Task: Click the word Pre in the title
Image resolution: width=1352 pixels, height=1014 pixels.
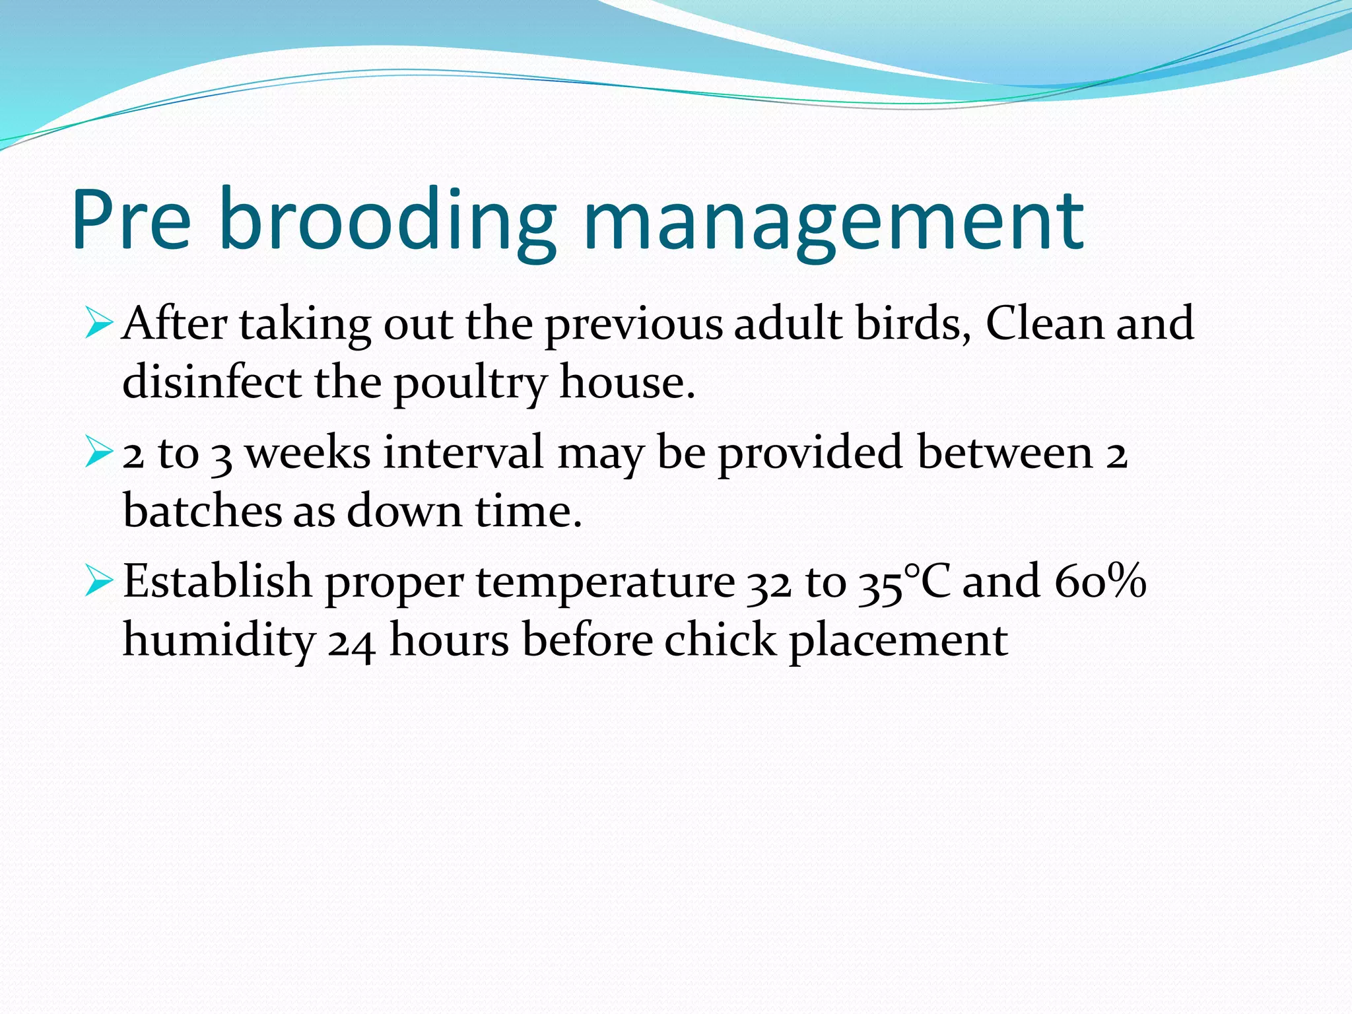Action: [x=132, y=220]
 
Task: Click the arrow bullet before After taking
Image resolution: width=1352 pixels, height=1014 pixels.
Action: [x=99, y=324]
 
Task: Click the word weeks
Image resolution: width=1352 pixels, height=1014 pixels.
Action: [x=308, y=453]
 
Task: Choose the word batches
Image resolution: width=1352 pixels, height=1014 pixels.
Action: [x=202, y=511]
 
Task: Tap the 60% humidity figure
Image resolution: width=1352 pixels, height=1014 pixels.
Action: [x=1100, y=581]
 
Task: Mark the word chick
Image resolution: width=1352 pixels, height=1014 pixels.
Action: [x=720, y=640]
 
